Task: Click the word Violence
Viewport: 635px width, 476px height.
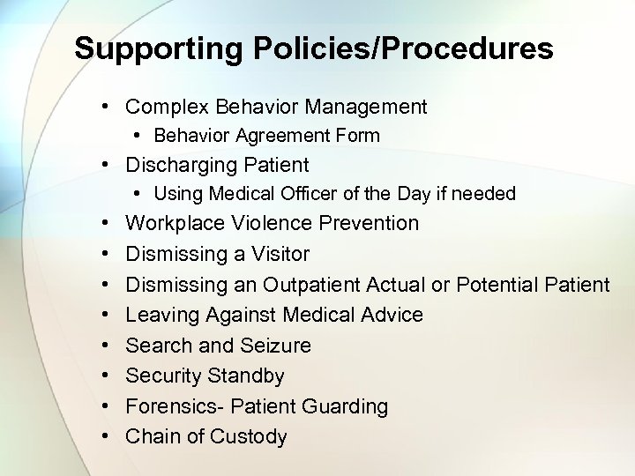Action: (268, 224)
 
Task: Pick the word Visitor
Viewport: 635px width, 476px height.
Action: (276, 254)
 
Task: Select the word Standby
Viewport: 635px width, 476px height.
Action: (245, 376)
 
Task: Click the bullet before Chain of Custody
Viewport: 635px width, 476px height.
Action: (104, 437)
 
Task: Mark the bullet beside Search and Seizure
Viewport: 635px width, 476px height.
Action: (104, 346)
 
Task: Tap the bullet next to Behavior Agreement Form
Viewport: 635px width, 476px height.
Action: (139, 136)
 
